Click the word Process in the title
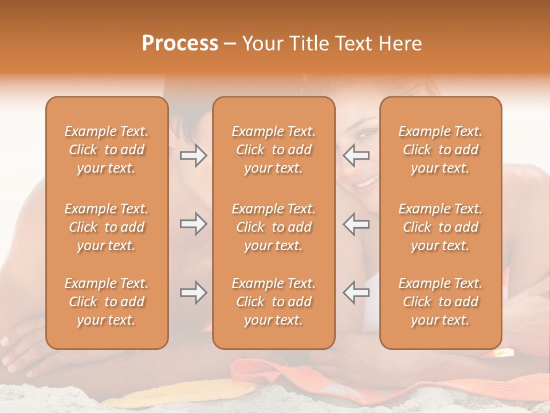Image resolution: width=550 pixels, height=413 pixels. [180, 44]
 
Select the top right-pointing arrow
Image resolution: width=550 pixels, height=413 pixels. [193, 155]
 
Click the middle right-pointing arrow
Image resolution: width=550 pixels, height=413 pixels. [193, 224]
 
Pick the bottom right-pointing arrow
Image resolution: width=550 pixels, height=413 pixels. [193, 293]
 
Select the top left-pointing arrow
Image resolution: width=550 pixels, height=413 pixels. [356, 155]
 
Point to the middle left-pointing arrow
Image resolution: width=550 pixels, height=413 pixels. [356, 224]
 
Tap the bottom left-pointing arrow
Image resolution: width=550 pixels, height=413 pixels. [356, 293]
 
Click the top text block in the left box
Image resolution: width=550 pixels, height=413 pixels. [107, 150]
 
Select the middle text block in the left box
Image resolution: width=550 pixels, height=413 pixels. [107, 227]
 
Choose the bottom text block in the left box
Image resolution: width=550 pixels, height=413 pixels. [107, 302]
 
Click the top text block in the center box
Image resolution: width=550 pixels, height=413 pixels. [273, 150]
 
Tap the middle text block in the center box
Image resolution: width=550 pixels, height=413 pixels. [273, 227]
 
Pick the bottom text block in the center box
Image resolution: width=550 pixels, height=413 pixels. [273, 302]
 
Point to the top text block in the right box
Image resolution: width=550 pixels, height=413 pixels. [440, 150]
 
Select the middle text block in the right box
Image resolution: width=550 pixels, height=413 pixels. [440, 227]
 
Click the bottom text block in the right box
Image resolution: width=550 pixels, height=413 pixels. [440, 302]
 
